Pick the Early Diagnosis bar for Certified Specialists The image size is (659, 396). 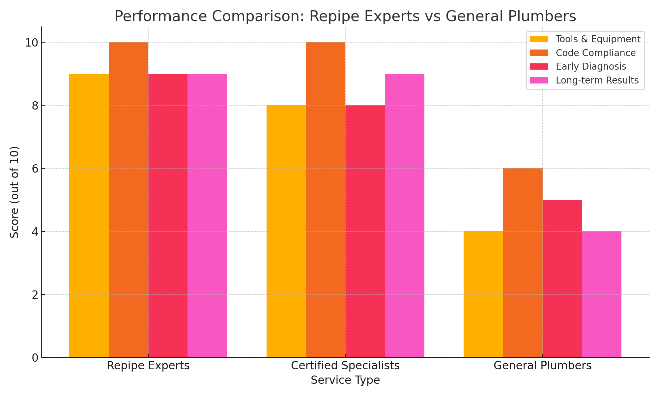pyautogui.click(x=365, y=231)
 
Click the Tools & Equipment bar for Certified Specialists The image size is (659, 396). pyautogui.click(x=286, y=231)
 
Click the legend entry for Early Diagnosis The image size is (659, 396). pyautogui.click(x=590, y=67)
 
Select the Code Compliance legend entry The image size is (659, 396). pyautogui.click(x=595, y=53)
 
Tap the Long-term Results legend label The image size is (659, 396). pyautogui.click(x=597, y=81)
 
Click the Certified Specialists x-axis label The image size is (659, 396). pyautogui.click(x=345, y=366)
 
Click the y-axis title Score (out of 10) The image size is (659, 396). pyautogui.click(x=14, y=192)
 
